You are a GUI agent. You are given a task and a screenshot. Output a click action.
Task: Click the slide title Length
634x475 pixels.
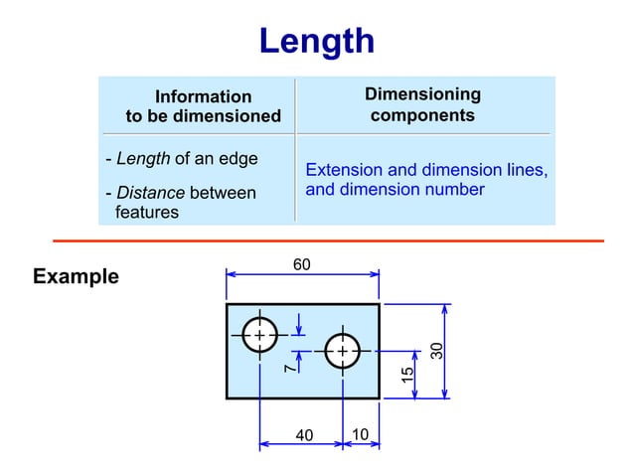point(316,42)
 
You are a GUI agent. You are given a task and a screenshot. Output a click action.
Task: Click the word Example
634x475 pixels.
point(76,276)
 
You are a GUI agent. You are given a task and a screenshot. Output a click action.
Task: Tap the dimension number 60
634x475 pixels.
point(301,264)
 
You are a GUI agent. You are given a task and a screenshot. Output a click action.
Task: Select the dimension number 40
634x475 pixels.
point(304,434)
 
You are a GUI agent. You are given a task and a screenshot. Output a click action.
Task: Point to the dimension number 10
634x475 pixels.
point(360,434)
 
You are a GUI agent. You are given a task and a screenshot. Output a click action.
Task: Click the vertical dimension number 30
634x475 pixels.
point(435,350)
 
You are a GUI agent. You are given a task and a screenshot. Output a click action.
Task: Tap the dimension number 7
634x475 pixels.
point(288,368)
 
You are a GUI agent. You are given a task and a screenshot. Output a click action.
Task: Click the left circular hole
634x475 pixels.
point(259,336)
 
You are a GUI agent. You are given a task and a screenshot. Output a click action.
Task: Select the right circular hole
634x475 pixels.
point(342,351)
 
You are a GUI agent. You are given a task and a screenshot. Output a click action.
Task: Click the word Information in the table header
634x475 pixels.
point(203,96)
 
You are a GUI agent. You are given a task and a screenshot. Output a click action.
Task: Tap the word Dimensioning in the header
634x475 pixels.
point(422,94)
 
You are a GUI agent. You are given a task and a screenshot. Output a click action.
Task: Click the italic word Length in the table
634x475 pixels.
point(143,159)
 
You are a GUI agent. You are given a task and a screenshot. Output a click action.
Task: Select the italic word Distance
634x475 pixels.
point(150,193)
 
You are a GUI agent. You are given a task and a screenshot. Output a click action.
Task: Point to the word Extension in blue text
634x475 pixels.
point(342,170)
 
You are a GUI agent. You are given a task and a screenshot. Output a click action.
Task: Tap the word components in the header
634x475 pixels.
point(422,115)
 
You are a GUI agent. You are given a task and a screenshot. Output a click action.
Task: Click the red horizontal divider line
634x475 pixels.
point(328,240)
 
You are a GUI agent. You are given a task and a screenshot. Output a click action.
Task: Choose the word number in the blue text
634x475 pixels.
point(455,189)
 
